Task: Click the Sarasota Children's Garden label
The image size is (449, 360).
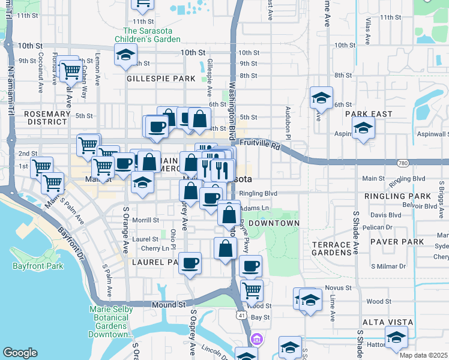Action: (151, 35)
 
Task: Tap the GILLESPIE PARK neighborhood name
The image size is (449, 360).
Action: (161, 79)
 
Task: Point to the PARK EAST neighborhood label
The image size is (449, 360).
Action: (368, 114)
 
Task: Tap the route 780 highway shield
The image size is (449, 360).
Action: (402, 163)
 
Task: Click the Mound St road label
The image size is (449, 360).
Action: (168, 305)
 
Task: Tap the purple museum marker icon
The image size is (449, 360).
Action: (257, 340)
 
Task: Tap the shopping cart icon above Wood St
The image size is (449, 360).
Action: (252, 290)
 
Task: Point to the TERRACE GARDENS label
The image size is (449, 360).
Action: (331, 249)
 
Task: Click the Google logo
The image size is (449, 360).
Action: (20, 353)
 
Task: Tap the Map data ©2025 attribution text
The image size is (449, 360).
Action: (423, 355)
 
